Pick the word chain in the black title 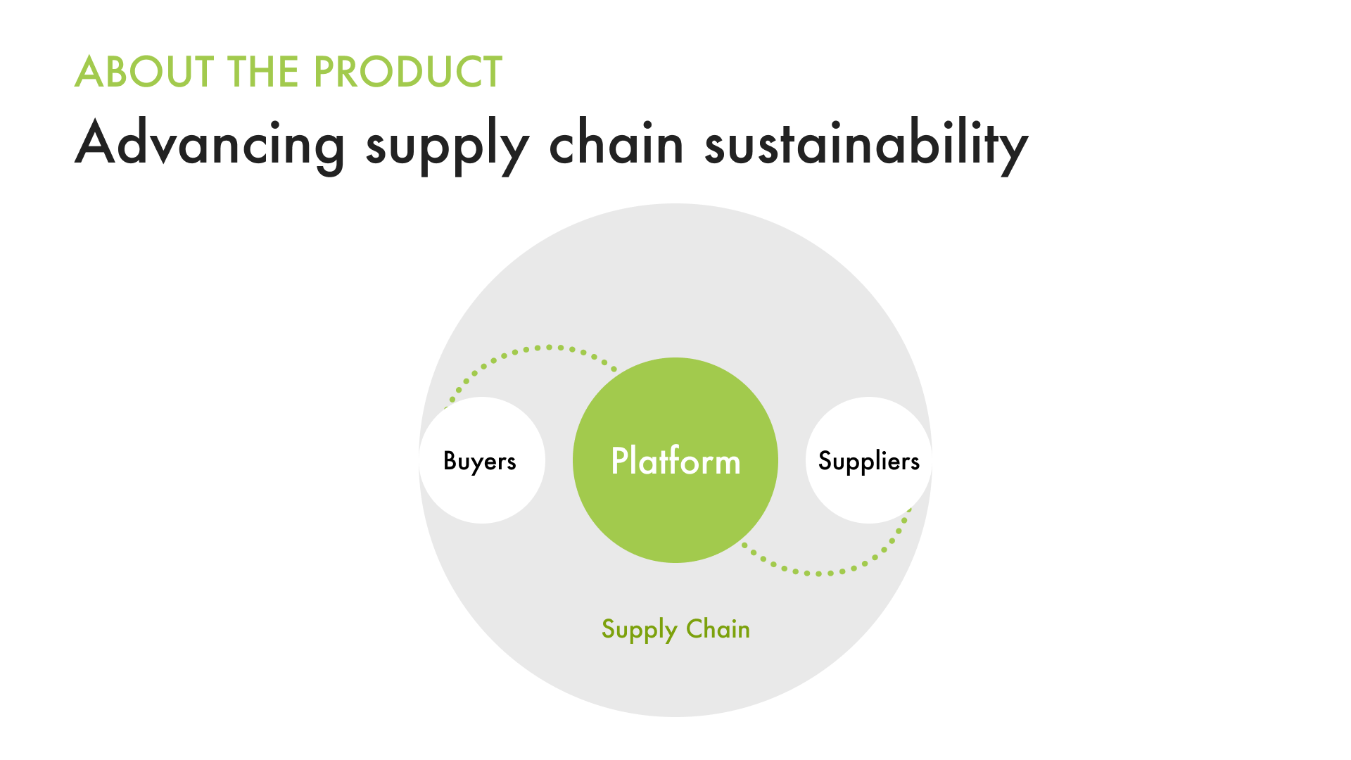616,144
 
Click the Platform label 675,462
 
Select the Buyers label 480,462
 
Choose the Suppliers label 868,462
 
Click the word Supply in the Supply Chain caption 639,629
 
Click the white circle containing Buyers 483,493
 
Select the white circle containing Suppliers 868,493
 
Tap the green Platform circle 675,521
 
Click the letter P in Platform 620,461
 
